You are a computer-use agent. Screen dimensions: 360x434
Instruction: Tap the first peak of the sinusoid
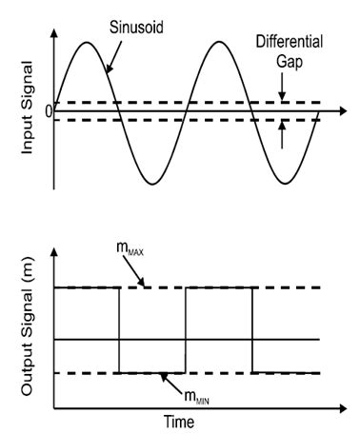[88, 42]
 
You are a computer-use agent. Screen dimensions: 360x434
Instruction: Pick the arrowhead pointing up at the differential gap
[283, 125]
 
